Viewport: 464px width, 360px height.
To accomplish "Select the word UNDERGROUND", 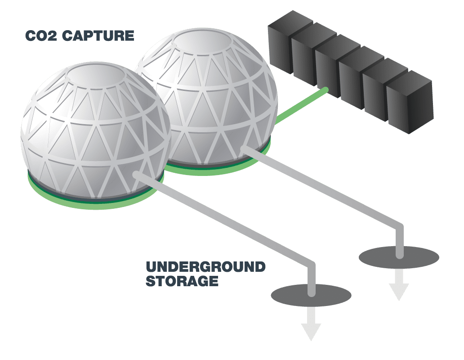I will pyautogui.click(x=205, y=267).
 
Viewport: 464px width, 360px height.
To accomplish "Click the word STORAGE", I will pyautogui.click(x=182, y=282).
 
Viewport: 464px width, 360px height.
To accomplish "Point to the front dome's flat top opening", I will pyautogui.click(x=96, y=75).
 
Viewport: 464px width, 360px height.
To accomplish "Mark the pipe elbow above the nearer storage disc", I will pyautogui.click(x=311, y=265).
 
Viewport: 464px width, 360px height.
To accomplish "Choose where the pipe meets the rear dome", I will pyautogui.click(x=244, y=148).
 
